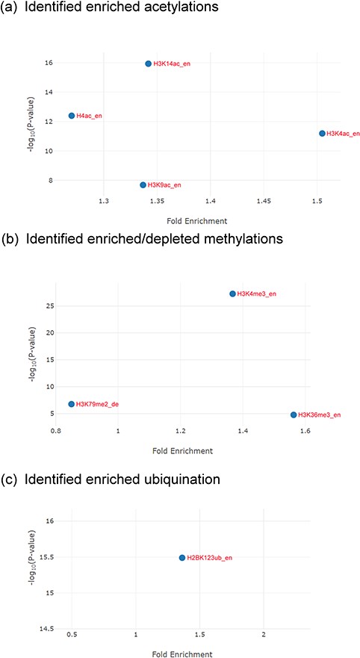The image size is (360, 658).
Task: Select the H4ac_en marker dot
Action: pos(72,116)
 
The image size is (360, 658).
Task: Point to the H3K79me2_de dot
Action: pos(72,404)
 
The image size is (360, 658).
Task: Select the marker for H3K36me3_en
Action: pos(294,415)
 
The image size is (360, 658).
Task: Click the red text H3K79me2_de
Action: pos(98,404)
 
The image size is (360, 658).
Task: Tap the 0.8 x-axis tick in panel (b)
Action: pos(55,432)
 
